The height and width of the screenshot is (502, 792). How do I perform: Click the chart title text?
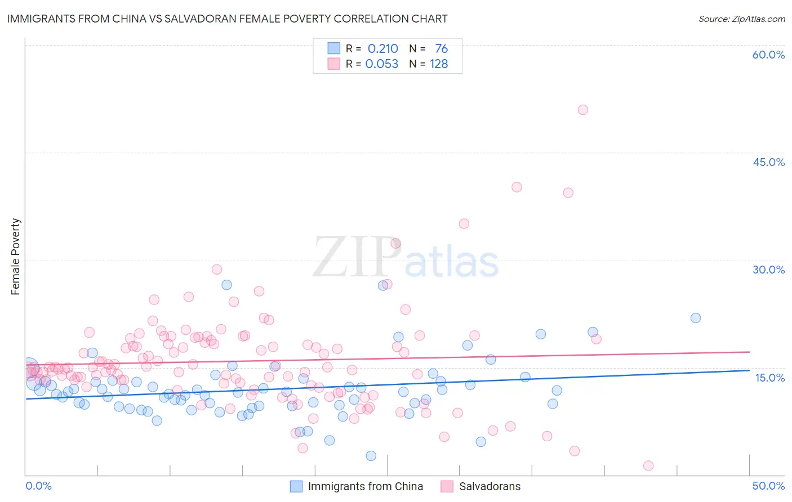pos(227,19)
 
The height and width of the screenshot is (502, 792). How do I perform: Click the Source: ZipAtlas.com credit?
pos(741,19)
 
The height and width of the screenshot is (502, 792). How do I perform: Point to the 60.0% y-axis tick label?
pos(768,55)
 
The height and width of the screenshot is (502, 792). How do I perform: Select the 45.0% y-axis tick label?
pos(768,162)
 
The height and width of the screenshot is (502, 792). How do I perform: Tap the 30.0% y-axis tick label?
pos(768,270)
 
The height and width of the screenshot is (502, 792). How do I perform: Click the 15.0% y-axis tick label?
pos(769,377)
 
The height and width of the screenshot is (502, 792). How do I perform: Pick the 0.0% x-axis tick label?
pos(38,486)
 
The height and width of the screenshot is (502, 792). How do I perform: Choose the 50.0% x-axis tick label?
pos(768,486)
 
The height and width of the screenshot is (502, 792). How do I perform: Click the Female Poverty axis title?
pos(16,257)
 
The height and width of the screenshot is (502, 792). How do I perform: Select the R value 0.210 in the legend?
pos(382,49)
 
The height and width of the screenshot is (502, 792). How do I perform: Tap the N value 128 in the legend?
pos(439,64)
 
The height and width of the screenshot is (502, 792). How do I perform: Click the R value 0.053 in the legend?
pos(381,64)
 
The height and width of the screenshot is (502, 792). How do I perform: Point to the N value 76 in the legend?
pos(441,49)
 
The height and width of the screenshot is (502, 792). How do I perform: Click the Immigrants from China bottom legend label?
pos(365,486)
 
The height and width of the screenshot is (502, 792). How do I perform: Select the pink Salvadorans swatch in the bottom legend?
pos(447,486)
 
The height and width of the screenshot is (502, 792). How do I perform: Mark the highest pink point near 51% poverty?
pos(582,110)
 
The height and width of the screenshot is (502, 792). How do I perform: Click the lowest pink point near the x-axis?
pos(648,465)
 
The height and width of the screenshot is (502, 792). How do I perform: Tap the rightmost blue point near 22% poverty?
pos(696,318)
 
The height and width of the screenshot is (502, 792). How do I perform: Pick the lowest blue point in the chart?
pos(371,456)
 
